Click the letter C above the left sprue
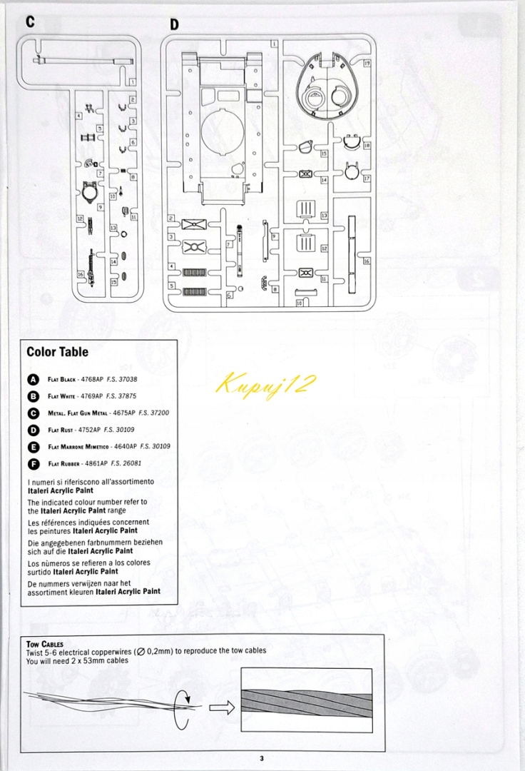click(x=30, y=21)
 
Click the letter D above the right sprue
click(x=174, y=25)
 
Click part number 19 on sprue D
click(x=367, y=64)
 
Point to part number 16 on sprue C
click(x=81, y=274)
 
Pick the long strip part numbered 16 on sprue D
click(x=351, y=253)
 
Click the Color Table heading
click(x=58, y=351)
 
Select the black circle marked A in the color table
click(x=33, y=379)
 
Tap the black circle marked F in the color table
click(x=33, y=463)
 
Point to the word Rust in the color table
click(x=72, y=430)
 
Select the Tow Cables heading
click(x=45, y=644)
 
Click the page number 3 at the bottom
click(x=262, y=758)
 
